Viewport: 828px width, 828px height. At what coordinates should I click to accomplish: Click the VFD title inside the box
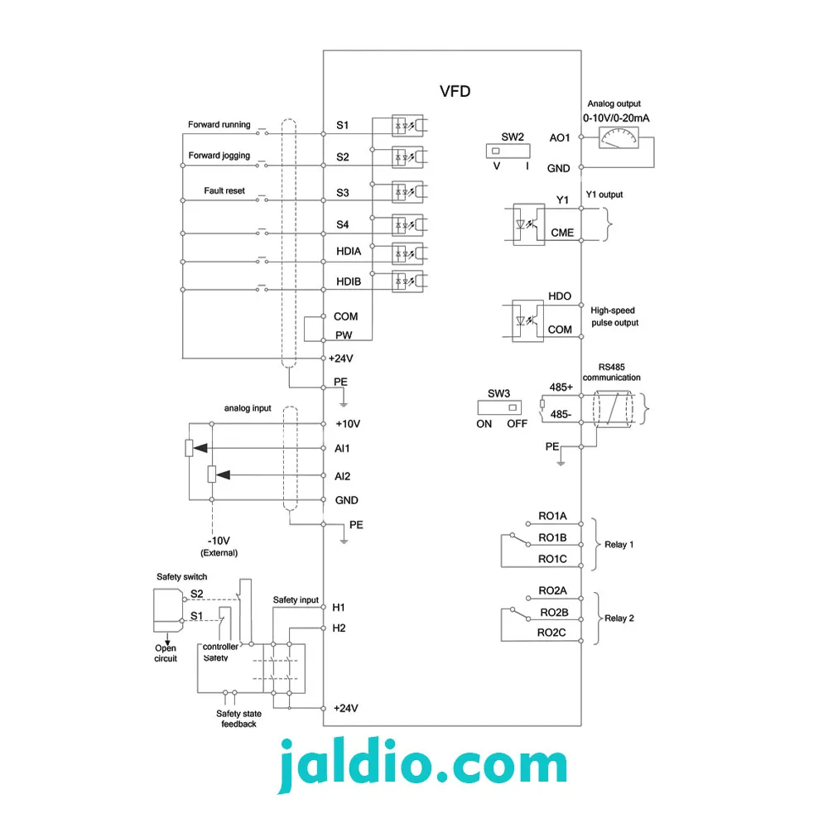(x=455, y=91)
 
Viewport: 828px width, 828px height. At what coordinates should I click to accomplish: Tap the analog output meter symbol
(x=619, y=137)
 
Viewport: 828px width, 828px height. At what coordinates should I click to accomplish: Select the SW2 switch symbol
(x=508, y=151)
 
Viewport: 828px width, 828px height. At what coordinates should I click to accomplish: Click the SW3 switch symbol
(x=499, y=407)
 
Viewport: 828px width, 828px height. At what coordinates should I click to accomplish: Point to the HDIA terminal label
(x=349, y=252)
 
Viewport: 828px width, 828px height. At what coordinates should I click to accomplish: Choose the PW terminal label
(x=344, y=335)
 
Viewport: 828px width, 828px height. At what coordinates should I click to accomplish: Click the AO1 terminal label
(x=559, y=137)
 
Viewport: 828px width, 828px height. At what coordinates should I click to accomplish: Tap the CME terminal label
(x=562, y=233)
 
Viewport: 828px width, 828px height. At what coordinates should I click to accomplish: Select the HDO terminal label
(x=559, y=296)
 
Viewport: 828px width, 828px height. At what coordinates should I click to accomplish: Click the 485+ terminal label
(x=561, y=387)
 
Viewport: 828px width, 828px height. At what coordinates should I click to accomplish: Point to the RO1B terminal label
(x=552, y=537)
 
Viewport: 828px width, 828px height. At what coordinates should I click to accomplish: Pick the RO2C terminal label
(x=551, y=633)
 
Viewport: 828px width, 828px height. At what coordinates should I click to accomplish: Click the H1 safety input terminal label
(x=339, y=608)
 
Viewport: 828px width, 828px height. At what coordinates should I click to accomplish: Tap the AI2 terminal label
(x=342, y=476)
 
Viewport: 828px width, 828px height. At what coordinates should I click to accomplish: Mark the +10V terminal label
(x=348, y=424)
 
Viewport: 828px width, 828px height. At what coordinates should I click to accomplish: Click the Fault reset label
(x=224, y=190)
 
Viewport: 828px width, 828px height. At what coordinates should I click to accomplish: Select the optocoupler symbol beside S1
(x=407, y=126)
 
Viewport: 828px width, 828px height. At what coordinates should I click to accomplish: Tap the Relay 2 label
(x=619, y=619)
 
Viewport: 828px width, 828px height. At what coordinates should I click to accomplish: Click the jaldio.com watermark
(x=422, y=764)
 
